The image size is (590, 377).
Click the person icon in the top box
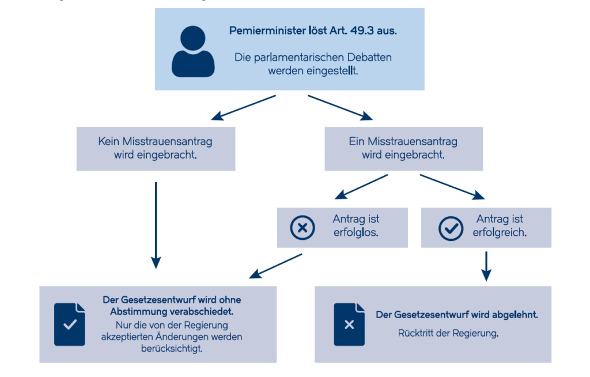pos(193,52)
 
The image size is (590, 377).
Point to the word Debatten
pos(369,57)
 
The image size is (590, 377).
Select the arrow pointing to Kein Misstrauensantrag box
pos(244,108)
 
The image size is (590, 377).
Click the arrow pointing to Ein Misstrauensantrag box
pos(340,108)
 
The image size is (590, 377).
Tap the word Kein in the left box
pos(109,141)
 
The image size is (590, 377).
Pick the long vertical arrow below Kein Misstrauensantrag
pos(156,225)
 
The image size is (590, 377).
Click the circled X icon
pos(302,228)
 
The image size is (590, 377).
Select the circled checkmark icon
pos(451,228)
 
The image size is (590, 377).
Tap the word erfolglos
pos(355,232)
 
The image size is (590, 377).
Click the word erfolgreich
pos(500,232)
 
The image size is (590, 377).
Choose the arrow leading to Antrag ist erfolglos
pos(361,186)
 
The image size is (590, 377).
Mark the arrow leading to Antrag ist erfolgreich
pos(452,187)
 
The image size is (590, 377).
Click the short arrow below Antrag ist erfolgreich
pos(486,266)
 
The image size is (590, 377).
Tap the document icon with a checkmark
pos(70,325)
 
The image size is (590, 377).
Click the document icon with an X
pos(349,325)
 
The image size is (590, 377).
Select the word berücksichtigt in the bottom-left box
pos(172,349)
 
